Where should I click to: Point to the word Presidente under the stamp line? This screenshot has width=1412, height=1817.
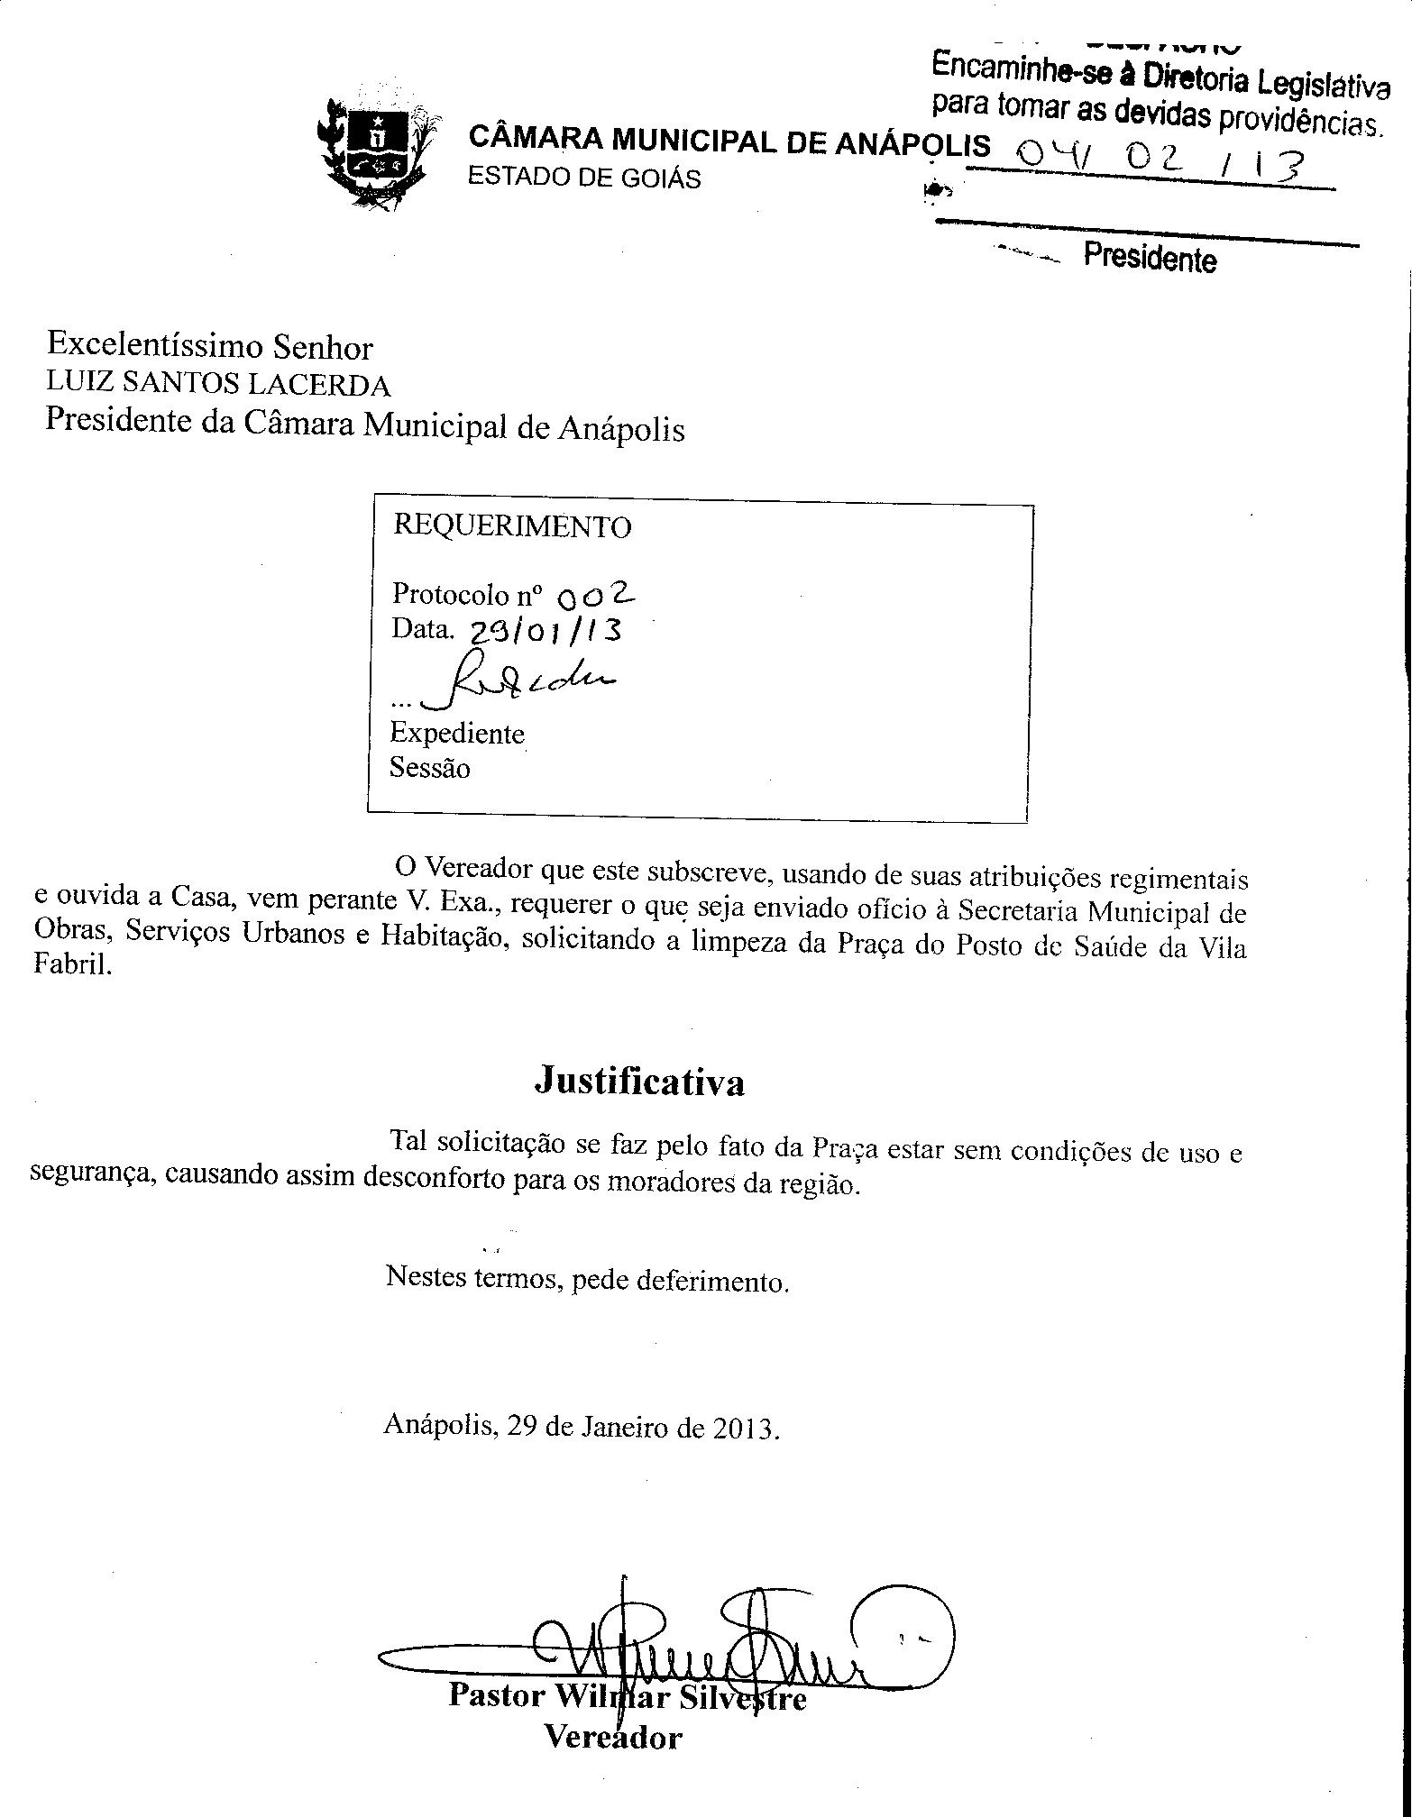(x=1150, y=258)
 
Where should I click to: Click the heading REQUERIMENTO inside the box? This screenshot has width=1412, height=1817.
(x=512, y=526)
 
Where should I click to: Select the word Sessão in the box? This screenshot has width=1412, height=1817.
(x=430, y=769)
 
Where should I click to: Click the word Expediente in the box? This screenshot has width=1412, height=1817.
(x=457, y=734)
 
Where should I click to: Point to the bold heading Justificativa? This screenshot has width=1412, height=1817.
(x=640, y=1081)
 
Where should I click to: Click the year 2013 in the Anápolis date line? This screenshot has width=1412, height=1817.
(x=746, y=1429)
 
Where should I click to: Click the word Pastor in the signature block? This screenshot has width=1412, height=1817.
(x=497, y=1694)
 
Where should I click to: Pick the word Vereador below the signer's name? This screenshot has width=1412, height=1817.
(x=613, y=1734)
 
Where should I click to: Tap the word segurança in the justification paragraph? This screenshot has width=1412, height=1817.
(x=93, y=1175)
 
